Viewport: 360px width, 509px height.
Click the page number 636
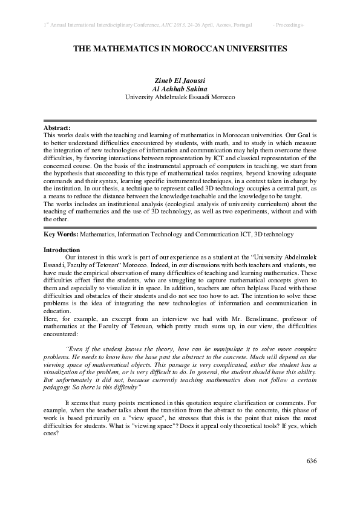312,461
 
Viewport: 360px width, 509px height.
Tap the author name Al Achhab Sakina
180,88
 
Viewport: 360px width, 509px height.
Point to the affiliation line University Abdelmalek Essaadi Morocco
180,97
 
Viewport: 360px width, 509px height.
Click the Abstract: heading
57,128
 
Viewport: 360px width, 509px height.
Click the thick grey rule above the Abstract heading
180,120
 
